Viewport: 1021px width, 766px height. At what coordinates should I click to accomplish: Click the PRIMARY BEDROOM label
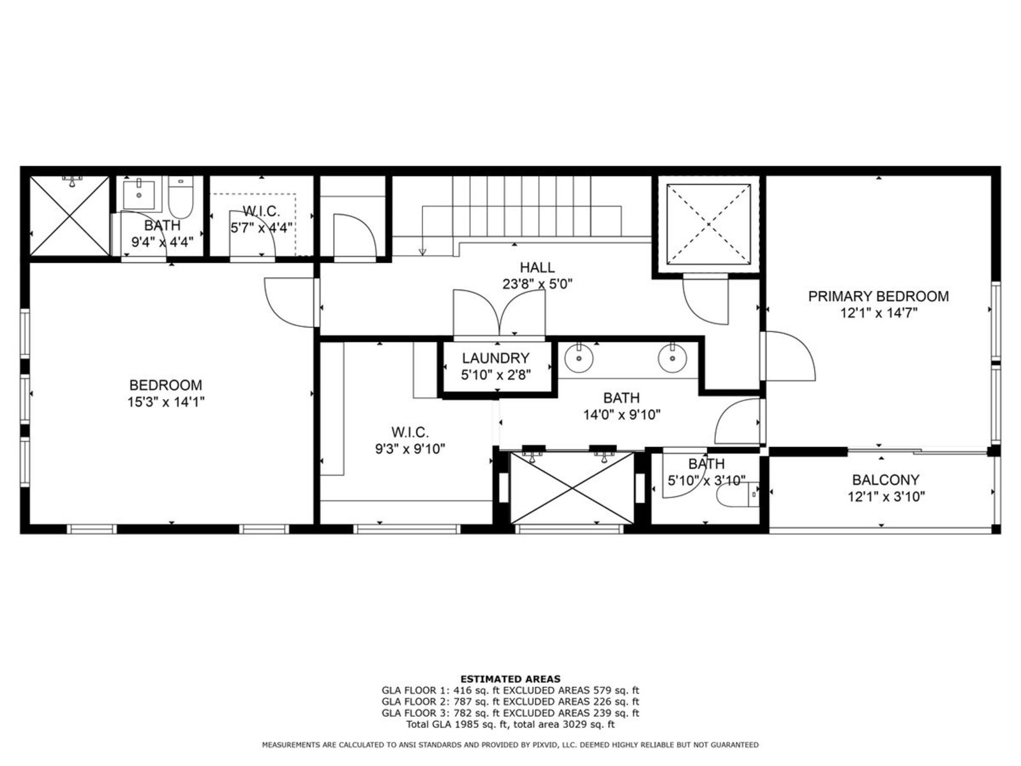click(877, 296)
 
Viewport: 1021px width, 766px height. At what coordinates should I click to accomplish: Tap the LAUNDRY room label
click(495, 358)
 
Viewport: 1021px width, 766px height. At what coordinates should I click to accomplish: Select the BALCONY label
click(886, 479)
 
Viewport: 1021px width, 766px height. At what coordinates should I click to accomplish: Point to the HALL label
click(537, 267)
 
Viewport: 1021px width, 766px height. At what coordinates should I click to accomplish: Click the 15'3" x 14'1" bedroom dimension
click(166, 402)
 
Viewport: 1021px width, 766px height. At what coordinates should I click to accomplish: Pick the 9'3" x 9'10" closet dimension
click(410, 449)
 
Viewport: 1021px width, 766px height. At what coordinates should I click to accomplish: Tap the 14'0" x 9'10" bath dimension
click(622, 414)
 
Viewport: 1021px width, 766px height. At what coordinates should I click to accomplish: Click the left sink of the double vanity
click(579, 357)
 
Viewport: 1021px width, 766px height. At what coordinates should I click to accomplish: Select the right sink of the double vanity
click(673, 357)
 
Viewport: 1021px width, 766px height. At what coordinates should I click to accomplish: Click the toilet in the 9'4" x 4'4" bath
click(181, 198)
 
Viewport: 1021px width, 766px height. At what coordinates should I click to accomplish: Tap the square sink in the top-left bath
click(138, 195)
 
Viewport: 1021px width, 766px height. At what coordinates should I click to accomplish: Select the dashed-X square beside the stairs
click(708, 225)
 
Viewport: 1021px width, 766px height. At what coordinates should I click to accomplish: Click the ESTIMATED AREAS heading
click(511, 679)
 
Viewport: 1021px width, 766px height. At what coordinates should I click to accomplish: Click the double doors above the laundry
click(499, 313)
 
